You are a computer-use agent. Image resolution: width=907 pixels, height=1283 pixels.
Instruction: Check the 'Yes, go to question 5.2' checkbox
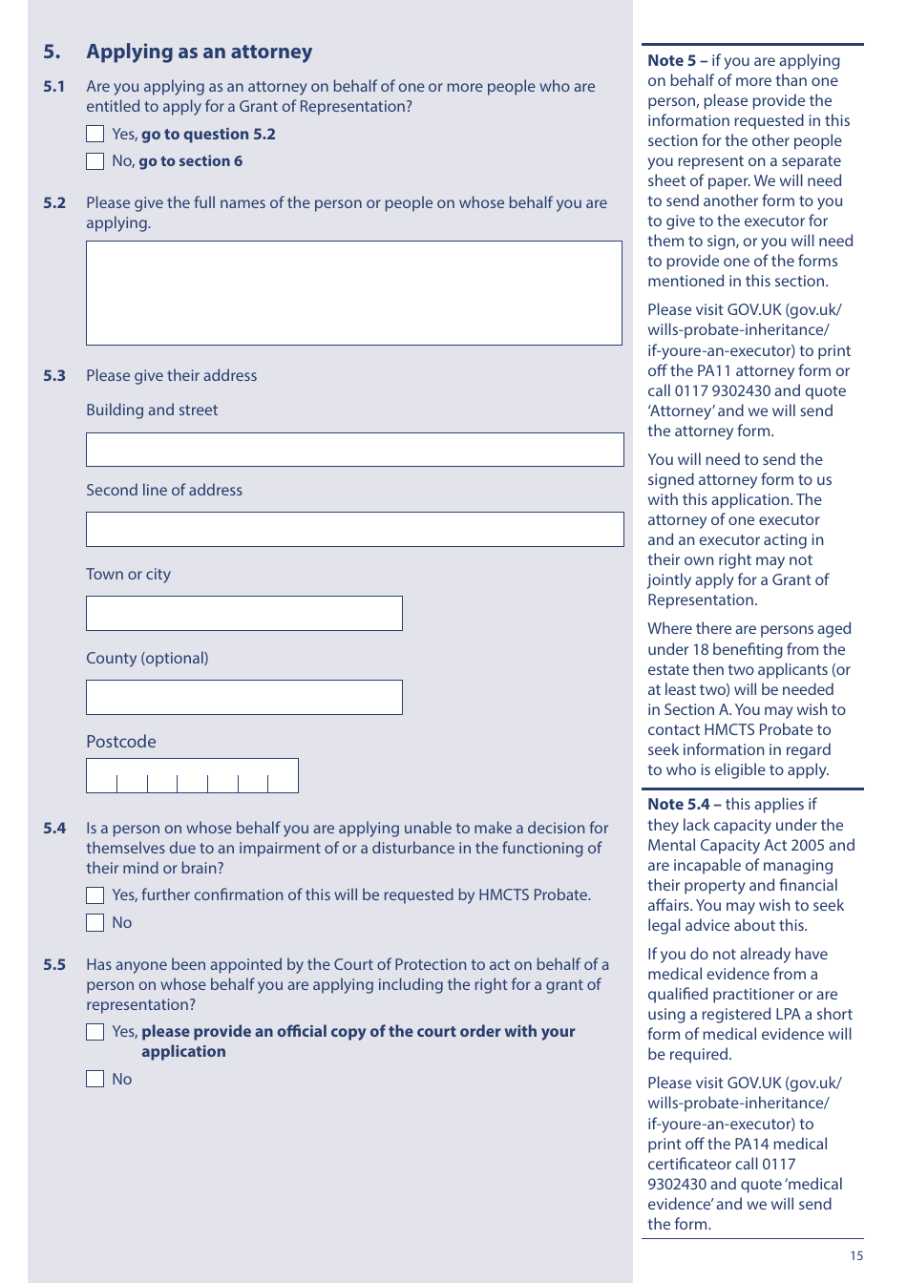click(x=95, y=135)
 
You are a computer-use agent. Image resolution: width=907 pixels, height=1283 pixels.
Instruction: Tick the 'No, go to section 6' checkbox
click(x=95, y=161)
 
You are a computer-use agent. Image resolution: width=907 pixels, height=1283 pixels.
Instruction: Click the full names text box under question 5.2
click(x=353, y=293)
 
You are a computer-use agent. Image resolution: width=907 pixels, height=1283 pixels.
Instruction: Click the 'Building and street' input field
click(x=354, y=450)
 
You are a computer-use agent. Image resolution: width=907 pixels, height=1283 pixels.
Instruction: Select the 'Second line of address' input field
click(x=354, y=530)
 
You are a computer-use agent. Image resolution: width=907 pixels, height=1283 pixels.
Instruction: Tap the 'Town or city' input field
click(x=244, y=614)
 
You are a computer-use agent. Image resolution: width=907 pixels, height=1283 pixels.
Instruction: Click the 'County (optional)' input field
click(x=244, y=698)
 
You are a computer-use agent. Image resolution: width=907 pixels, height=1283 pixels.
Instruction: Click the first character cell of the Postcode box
click(x=102, y=776)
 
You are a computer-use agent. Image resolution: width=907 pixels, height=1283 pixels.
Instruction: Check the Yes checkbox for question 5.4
click(x=95, y=895)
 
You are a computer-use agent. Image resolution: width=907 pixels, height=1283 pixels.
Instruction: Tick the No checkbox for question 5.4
click(x=95, y=923)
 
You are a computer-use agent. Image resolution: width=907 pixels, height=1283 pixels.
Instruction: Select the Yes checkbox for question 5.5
click(x=95, y=1032)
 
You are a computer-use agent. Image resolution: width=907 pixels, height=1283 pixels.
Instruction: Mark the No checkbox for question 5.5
click(x=95, y=1080)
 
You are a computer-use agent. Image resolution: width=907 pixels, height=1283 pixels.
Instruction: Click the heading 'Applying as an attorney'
click(x=199, y=52)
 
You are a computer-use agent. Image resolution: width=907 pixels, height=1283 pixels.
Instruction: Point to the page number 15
click(x=856, y=1256)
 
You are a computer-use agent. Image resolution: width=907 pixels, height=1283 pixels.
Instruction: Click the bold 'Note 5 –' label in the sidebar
click(x=677, y=61)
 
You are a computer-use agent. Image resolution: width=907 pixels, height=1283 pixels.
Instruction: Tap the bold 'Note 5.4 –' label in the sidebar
click(x=684, y=805)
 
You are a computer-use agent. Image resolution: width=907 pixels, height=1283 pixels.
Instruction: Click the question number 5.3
click(x=54, y=376)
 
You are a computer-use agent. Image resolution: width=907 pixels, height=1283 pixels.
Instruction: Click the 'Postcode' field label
click(x=121, y=742)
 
